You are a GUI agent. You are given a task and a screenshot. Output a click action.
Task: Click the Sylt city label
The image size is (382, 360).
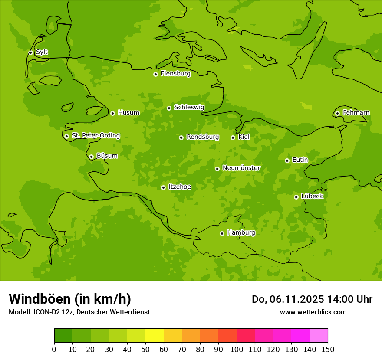click(42, 52)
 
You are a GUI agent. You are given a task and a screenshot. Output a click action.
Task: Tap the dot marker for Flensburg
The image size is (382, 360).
click(155, 74)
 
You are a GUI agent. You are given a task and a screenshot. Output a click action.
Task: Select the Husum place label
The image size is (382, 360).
click(128, 113)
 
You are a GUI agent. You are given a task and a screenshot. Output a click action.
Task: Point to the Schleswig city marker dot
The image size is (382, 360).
click(169, 108)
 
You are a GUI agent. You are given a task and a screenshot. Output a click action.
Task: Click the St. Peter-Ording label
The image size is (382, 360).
click(96, 136)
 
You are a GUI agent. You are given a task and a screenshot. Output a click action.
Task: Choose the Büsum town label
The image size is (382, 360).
click(107, 156)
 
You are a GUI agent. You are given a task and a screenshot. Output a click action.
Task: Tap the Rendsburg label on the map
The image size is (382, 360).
click(203, 137)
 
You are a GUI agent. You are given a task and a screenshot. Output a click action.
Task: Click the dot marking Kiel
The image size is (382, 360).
click(233, 137)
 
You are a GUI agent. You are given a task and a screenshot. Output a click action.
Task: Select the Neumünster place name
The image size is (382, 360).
click(241, 168)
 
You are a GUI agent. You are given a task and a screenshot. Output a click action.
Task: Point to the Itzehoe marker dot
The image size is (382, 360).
click(163, 187)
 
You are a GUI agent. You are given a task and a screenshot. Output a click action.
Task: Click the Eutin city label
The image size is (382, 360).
click(300, 160)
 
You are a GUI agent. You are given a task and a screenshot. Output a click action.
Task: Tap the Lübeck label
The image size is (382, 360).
click(312, 196)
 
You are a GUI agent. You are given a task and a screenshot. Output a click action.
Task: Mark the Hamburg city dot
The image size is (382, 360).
click(222, 233)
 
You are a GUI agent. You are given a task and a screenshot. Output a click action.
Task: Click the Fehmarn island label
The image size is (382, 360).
click(356, 113)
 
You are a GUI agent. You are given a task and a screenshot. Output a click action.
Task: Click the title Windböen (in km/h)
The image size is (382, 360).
click(70, 299)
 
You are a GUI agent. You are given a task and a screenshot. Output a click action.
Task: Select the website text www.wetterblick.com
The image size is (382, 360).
click(313, 312)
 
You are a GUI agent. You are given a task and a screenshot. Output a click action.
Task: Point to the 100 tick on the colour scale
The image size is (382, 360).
click(237, 349)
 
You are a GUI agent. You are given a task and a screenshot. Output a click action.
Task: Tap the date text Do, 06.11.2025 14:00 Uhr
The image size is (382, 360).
click(312, 299)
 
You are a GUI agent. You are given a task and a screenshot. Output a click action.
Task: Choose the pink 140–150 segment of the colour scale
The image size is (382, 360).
click(319, 336)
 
